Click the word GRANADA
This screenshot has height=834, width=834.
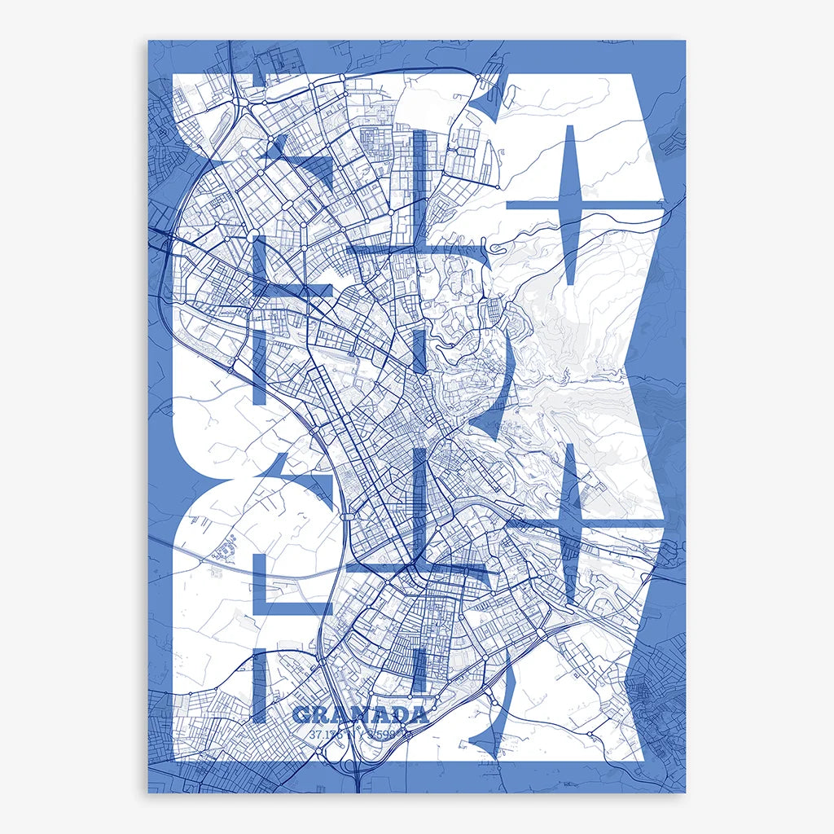coord(360,716)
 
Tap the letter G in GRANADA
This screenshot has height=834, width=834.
coord(301,716)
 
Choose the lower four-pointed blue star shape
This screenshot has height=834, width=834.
coord(570,523)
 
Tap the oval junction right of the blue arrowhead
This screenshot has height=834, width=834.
coord(347,516)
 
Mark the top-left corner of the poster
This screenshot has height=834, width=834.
coord(148,41)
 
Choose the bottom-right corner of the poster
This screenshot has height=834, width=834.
coord(685,792)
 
